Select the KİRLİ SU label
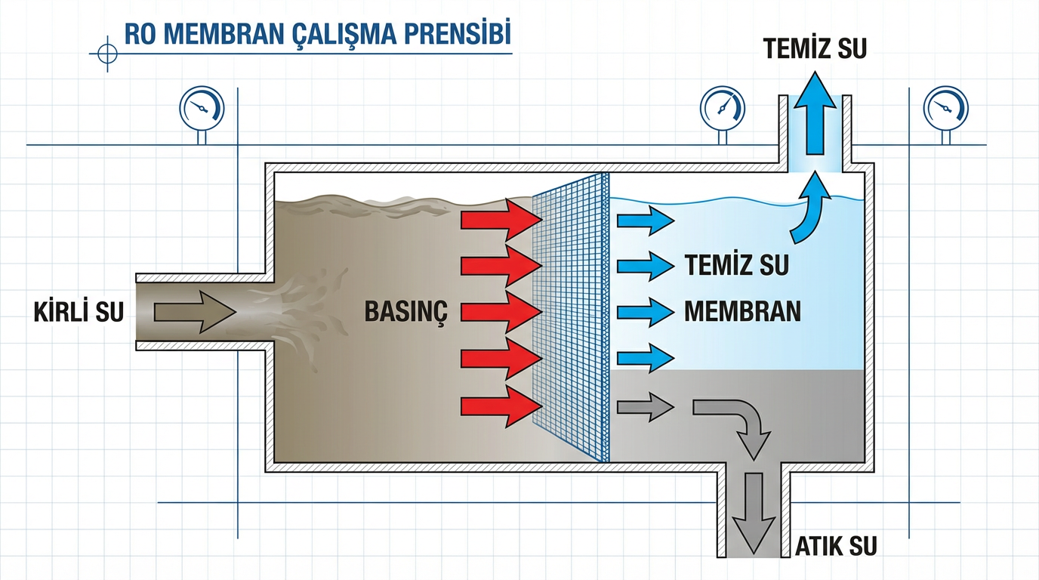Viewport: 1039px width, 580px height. click(x=79, y=313)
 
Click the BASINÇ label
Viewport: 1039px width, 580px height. click(x=406, y=312)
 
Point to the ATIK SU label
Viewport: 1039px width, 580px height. click(x=837, y=545)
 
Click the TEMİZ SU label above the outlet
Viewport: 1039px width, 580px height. click(x=814, y=49)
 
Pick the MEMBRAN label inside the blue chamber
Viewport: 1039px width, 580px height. click(x=742, y=312)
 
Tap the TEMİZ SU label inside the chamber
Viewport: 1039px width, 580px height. click(x=737, y=266)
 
